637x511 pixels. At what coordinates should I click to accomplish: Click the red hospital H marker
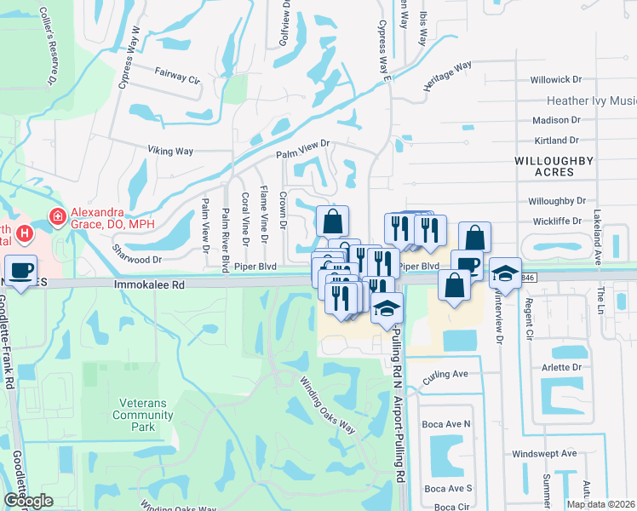26,232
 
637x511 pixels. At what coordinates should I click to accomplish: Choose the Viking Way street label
170,152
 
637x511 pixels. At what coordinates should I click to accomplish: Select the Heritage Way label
447,77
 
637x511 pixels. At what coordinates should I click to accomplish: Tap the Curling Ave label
447,374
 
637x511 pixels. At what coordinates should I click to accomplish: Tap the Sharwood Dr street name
136,254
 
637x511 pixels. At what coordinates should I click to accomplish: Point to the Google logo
28,501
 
